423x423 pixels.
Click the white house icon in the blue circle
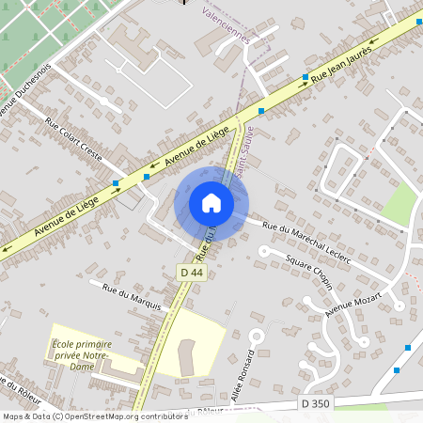pyautogui.click(x=211, y=203)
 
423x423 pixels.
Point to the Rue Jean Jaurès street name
pyautogui.click(x=343, y=65)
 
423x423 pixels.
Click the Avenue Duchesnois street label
pyautogui.click(x=19, y=94)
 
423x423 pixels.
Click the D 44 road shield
pyautogui.click(x=192, y=273)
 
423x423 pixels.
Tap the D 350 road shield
pyautogui.click(x=316, y=403)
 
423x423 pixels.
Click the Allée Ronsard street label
pyautogui.click(x=250, y=374)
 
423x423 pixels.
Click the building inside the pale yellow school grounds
pyautogui.click(x=184, y=356)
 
